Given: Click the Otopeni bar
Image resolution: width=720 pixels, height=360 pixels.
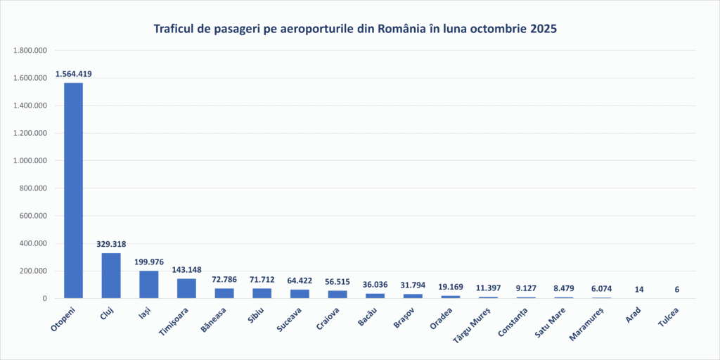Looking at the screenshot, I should tap(73, 191).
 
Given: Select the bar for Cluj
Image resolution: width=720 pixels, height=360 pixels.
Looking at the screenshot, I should tap(111, 276).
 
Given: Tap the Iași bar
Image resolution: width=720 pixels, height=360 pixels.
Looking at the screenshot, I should tap(148, 284).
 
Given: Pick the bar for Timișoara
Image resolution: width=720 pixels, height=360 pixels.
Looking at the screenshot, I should tap(186, 288).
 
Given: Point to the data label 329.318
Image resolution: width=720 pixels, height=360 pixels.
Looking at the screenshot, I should tap(111, 244).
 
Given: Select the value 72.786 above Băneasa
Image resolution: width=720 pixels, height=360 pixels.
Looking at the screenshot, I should tap(224, 280).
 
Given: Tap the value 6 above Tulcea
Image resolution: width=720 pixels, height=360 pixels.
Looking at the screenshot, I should tap(676, 290).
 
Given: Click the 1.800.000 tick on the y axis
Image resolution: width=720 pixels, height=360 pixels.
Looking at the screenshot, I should tap(30, 51).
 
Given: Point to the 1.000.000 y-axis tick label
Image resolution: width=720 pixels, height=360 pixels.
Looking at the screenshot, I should tap(30, 160).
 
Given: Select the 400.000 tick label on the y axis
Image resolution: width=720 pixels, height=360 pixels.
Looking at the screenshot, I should tap(32, 243).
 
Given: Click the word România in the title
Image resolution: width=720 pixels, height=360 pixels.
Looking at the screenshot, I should tap(403, 29).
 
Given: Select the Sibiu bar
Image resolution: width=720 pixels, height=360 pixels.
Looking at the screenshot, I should tap(262, 293).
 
